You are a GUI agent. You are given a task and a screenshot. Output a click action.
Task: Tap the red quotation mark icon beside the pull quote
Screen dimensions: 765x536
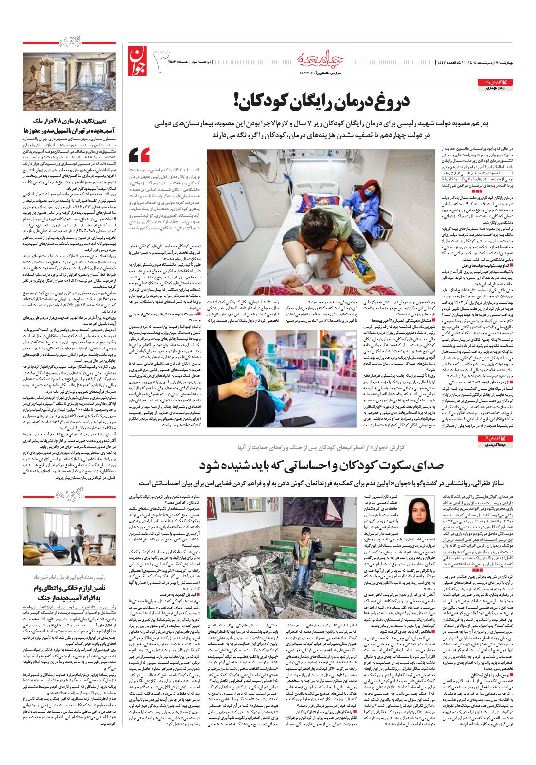139,155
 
